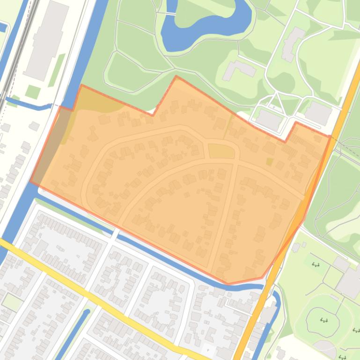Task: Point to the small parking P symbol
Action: tap(208, 349)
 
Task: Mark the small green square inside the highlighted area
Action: tap(269, 162)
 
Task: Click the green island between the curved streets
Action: tap(221, 151)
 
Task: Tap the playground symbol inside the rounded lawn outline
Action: tap(323, 320)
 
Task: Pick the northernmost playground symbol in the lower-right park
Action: tap(316, 265)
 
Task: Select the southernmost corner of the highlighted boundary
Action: tap(228, 283)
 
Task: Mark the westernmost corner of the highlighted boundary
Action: tap(31, 181)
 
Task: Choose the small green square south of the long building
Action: tap(32, 92)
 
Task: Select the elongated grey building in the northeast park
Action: tap(293, 43)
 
